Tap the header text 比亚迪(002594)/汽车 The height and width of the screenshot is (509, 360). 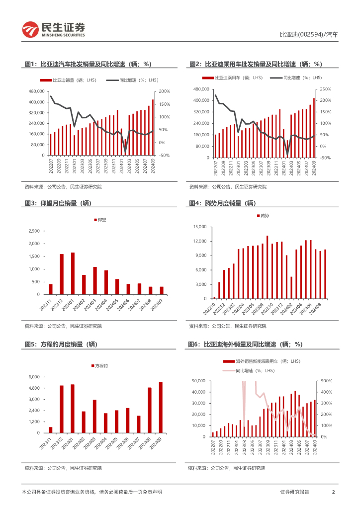tap(308, 35)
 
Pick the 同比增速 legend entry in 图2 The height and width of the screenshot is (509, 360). tap(295, 78)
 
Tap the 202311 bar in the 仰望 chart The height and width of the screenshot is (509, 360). tap(51, 289)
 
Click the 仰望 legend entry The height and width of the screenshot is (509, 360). tap(101, 219)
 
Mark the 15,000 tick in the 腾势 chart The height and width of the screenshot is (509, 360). tap(199, 227)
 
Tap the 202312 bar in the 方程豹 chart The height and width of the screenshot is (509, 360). tap(62, 409)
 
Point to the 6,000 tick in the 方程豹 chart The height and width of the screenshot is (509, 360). tap(33, 377)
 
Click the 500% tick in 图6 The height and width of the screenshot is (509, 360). tap(326, 381)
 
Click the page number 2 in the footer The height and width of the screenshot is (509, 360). tap(333, 492)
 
